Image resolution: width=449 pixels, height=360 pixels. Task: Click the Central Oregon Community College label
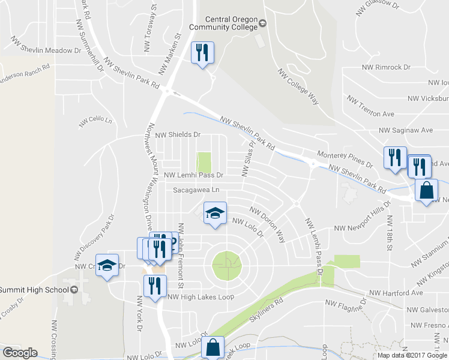point(223,23)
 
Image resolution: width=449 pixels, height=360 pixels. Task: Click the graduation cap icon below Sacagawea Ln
point(215,214)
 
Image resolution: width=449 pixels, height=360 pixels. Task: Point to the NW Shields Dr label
point(178,135)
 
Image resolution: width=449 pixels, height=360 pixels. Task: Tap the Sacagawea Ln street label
point(197,190)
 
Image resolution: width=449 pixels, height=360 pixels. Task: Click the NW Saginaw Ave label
point(405,130)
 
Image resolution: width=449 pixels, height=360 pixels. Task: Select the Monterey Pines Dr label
point(341,158)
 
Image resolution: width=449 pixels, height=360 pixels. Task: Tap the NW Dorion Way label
point(268,225)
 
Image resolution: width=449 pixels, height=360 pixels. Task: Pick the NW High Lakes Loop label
point(200,296)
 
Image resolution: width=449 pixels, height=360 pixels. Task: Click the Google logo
point(19,352)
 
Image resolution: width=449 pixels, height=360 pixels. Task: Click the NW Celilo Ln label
point(95,122)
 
